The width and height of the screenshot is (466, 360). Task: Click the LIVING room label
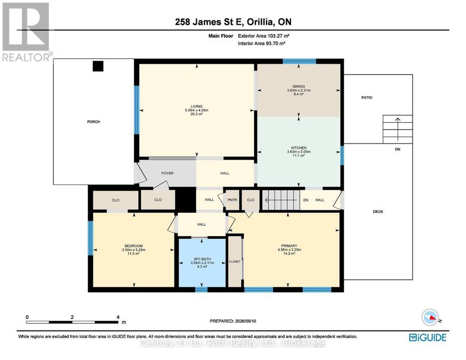click(196, 106)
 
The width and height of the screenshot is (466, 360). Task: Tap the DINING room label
click(299, 86)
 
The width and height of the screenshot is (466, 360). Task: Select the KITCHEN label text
click(299, 148)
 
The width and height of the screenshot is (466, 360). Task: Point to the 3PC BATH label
click(202, 259)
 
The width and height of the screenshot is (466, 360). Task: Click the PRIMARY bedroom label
click(289, 246)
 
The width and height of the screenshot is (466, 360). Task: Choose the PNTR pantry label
click(232, 200)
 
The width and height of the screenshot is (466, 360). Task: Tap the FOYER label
click(167, 173)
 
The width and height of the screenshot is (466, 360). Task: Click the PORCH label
click(94, 122)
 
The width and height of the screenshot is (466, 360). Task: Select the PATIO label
click(367, 97)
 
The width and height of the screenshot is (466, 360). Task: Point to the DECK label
click(378, 212)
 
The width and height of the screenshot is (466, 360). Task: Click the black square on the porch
click(98, 66)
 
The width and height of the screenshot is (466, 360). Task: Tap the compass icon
click(430, 317)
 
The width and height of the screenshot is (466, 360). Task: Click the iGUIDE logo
click(428, 337)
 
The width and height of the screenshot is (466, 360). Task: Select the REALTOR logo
click(27, 32)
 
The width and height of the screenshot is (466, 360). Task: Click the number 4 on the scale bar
click(118, 317)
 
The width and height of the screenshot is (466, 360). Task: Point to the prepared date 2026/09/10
click(245, 321)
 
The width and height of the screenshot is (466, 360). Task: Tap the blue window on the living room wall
click(136, 110)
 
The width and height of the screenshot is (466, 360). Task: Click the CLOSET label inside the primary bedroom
click(235, 262)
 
